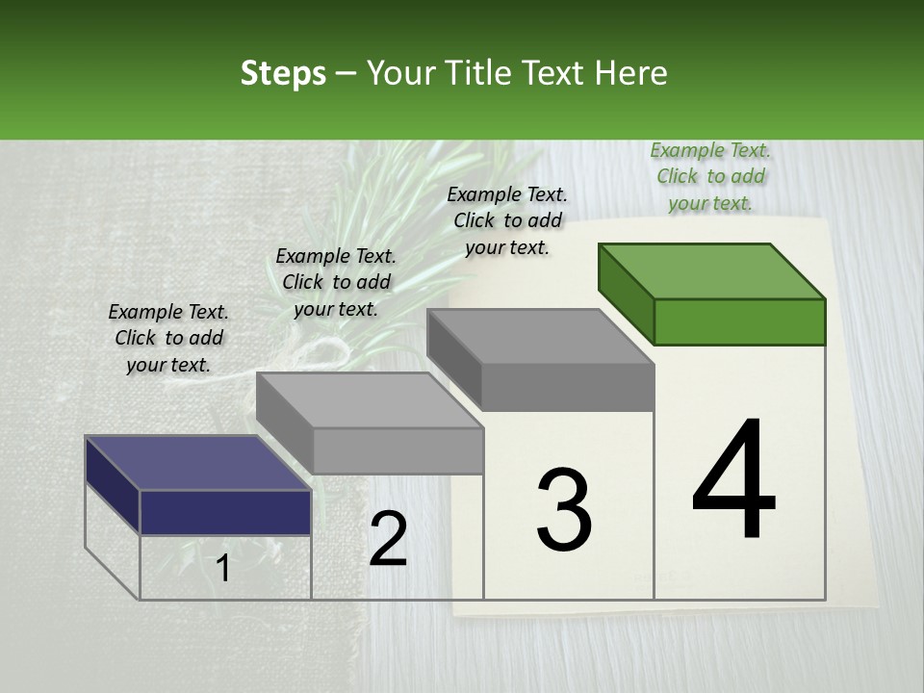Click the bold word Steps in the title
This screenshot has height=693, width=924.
click(x=283, y=73)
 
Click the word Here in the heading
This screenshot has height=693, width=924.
click(x=629, y=73)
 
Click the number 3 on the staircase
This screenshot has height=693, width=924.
click(x=563, y=510)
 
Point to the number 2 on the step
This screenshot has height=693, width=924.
click(x=388, y=539)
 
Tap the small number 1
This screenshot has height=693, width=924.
click(x=223, y=568)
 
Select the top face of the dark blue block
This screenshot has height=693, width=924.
click(x=197, y=463)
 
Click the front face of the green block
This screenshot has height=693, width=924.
click(x=739, y=321)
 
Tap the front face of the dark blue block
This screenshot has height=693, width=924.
click(x=225, y=512)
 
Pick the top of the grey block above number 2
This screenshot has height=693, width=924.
click(x=370, y=400)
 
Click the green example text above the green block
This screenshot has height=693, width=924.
click(x=710, y=177)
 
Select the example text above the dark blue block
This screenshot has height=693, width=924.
click(x=168, y=338)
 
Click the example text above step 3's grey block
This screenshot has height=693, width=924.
click(x=507, y=220)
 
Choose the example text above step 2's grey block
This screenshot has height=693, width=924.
click(x=336, y=282)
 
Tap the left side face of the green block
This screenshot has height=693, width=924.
click(x=626, y=292)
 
